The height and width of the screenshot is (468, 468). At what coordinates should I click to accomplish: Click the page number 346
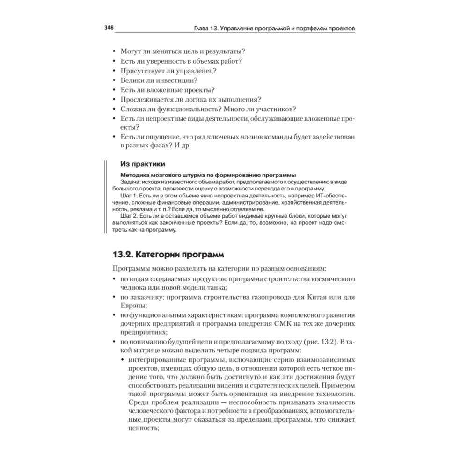pyautogui.click(x=109, y=28)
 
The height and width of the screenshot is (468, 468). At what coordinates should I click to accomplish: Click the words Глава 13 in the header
pyautogui.click(x=208, y=28)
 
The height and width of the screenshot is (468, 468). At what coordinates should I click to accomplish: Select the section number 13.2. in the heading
pyautogui.click(x=124, y=255)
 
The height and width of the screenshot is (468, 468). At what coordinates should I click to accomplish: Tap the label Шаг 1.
pyautogui.click(x=128, y=195)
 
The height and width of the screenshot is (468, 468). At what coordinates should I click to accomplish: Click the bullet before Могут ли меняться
pyautogui.click(x=115, y=51)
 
